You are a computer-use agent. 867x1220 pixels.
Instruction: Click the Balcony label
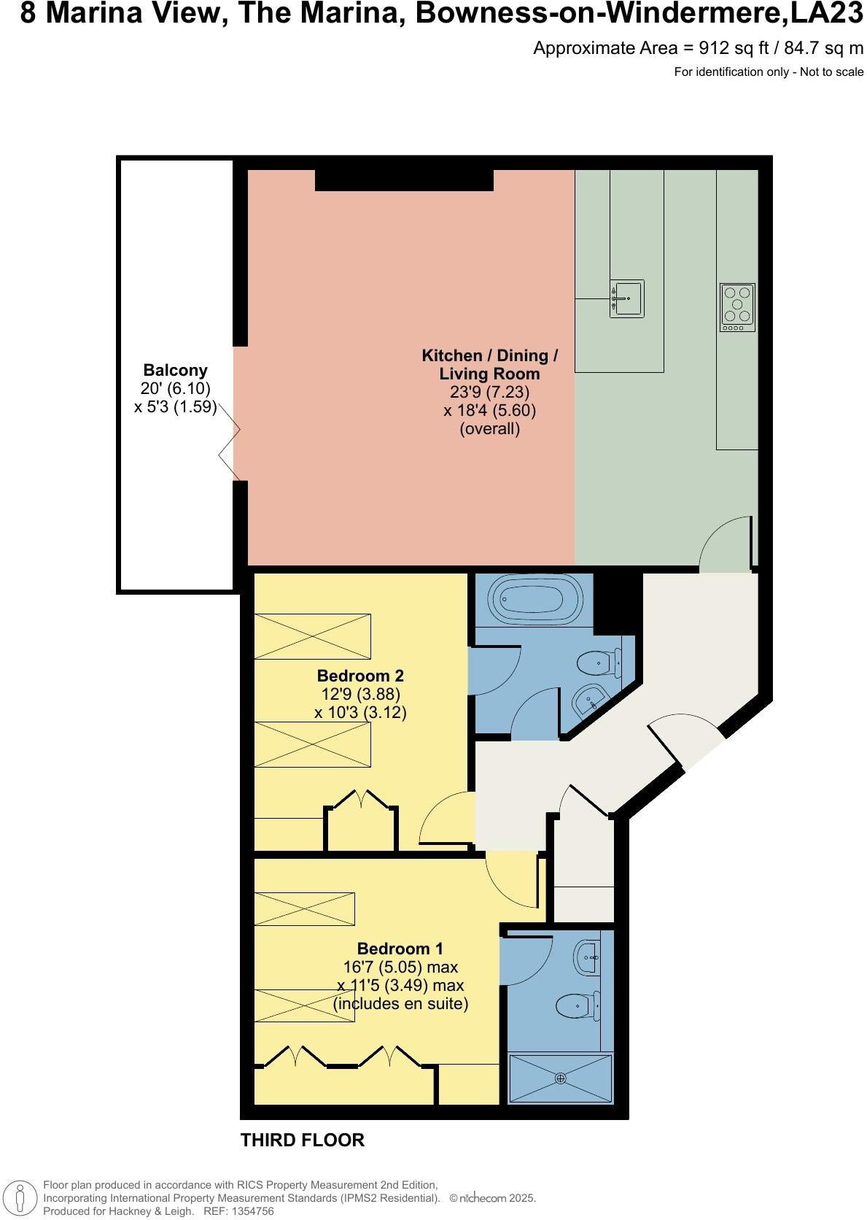pyautogui.click(x=175, y=370)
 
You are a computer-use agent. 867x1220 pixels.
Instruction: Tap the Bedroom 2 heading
pyautogui.click(x=360, y=676)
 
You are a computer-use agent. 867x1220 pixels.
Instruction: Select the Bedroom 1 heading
pyautogui.click(x=400, y=949)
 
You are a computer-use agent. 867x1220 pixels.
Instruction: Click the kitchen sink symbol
pyautogui.click(x=627, y=298)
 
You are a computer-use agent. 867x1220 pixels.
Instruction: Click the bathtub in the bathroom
pyautogui.click(x=538, y=601)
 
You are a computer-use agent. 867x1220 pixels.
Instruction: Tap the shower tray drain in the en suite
pyautogui.click(x=560, y=1078)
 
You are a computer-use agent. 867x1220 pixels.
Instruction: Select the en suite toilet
pyautogui.click(x=578, y=1006)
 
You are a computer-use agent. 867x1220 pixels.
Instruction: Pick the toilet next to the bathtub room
pyautogui.click(x=598, y=663)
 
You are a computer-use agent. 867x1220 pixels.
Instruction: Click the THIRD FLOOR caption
pyautogui.click(x=302, y=1140)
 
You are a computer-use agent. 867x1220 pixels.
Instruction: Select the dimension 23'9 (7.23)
pyautogui.click(x=489, y=392)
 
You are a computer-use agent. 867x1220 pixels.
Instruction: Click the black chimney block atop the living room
pyautogui.click(x=404, y=179)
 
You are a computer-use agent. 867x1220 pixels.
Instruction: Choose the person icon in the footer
pyautogui.click(x=20, y=1198)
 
